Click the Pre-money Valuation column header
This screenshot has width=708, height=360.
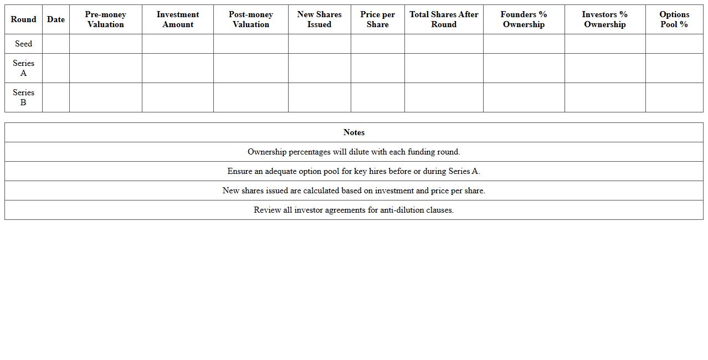tap(105, 19)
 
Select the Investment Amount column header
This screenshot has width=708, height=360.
tap(177, 19)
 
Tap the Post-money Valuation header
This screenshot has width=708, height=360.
tap(250, 19)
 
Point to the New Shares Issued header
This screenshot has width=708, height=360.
tap(319, 19)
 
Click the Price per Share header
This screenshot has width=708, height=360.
tap(377, 19)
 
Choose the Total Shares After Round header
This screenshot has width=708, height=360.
tap(444, 19)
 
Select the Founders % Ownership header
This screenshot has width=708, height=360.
tap(524, 19)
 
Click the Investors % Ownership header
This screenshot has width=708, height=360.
tap(604, 19)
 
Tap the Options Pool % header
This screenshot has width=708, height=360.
tap(674, 19)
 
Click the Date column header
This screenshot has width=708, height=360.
tap(55, 19)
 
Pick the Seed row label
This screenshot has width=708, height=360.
tap(23, 44)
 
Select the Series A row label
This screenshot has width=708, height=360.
tap(23, 68)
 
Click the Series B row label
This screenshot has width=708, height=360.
tap(23, 97)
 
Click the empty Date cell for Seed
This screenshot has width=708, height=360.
tap(55, 44)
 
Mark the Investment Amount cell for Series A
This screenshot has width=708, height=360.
tap(177, 68)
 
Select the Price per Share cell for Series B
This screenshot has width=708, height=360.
tap(377, 97)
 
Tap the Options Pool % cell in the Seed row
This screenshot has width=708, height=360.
tap(674, 44)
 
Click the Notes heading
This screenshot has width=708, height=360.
tap(353, 132)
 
